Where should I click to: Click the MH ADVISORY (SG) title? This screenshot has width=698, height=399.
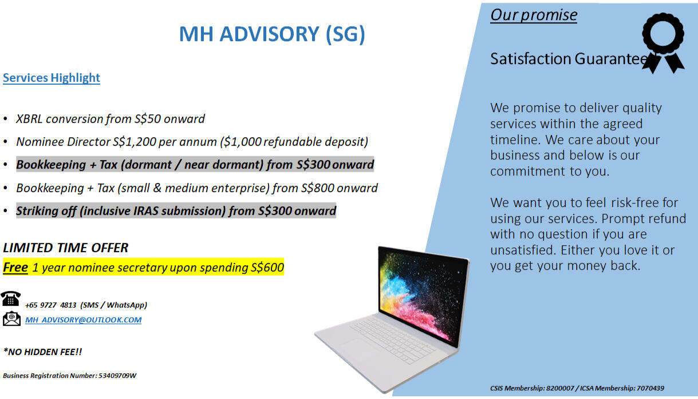click(x=272, y=34)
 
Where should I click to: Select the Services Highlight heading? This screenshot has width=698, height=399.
click(x=52, y=78)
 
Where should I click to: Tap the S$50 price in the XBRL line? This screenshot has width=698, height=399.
click(x=148, y=119)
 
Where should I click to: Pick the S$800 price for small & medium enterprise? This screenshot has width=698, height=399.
click(x=317, y=188)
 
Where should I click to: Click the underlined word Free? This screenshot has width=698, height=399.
click(x=15, y=268)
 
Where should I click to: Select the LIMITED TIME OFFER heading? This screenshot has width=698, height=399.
click(x=65, y=248)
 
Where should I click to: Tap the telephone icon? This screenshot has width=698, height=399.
click(x=11, y=298)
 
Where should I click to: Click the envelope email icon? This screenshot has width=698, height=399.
click(x=11, y=318)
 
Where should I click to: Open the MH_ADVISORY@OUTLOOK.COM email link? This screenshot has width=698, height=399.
click(x=83, y=320)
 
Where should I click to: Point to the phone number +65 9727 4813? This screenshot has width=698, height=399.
click(x=50, y=305)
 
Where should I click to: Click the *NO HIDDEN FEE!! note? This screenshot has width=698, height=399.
click(x=43, y=352)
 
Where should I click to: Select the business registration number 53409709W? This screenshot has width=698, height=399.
click(x=117, y=376)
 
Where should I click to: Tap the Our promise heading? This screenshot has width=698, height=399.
click(x=534, y=15)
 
